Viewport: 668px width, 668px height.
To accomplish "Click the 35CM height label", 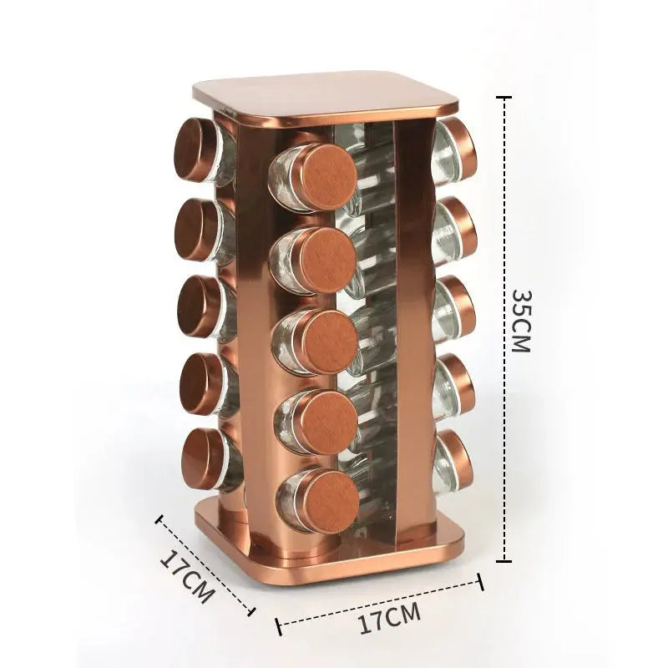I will [521, 321].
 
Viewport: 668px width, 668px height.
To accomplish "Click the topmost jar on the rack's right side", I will [456, 150].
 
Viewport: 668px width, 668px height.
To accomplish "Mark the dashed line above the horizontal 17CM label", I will [380, 598].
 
